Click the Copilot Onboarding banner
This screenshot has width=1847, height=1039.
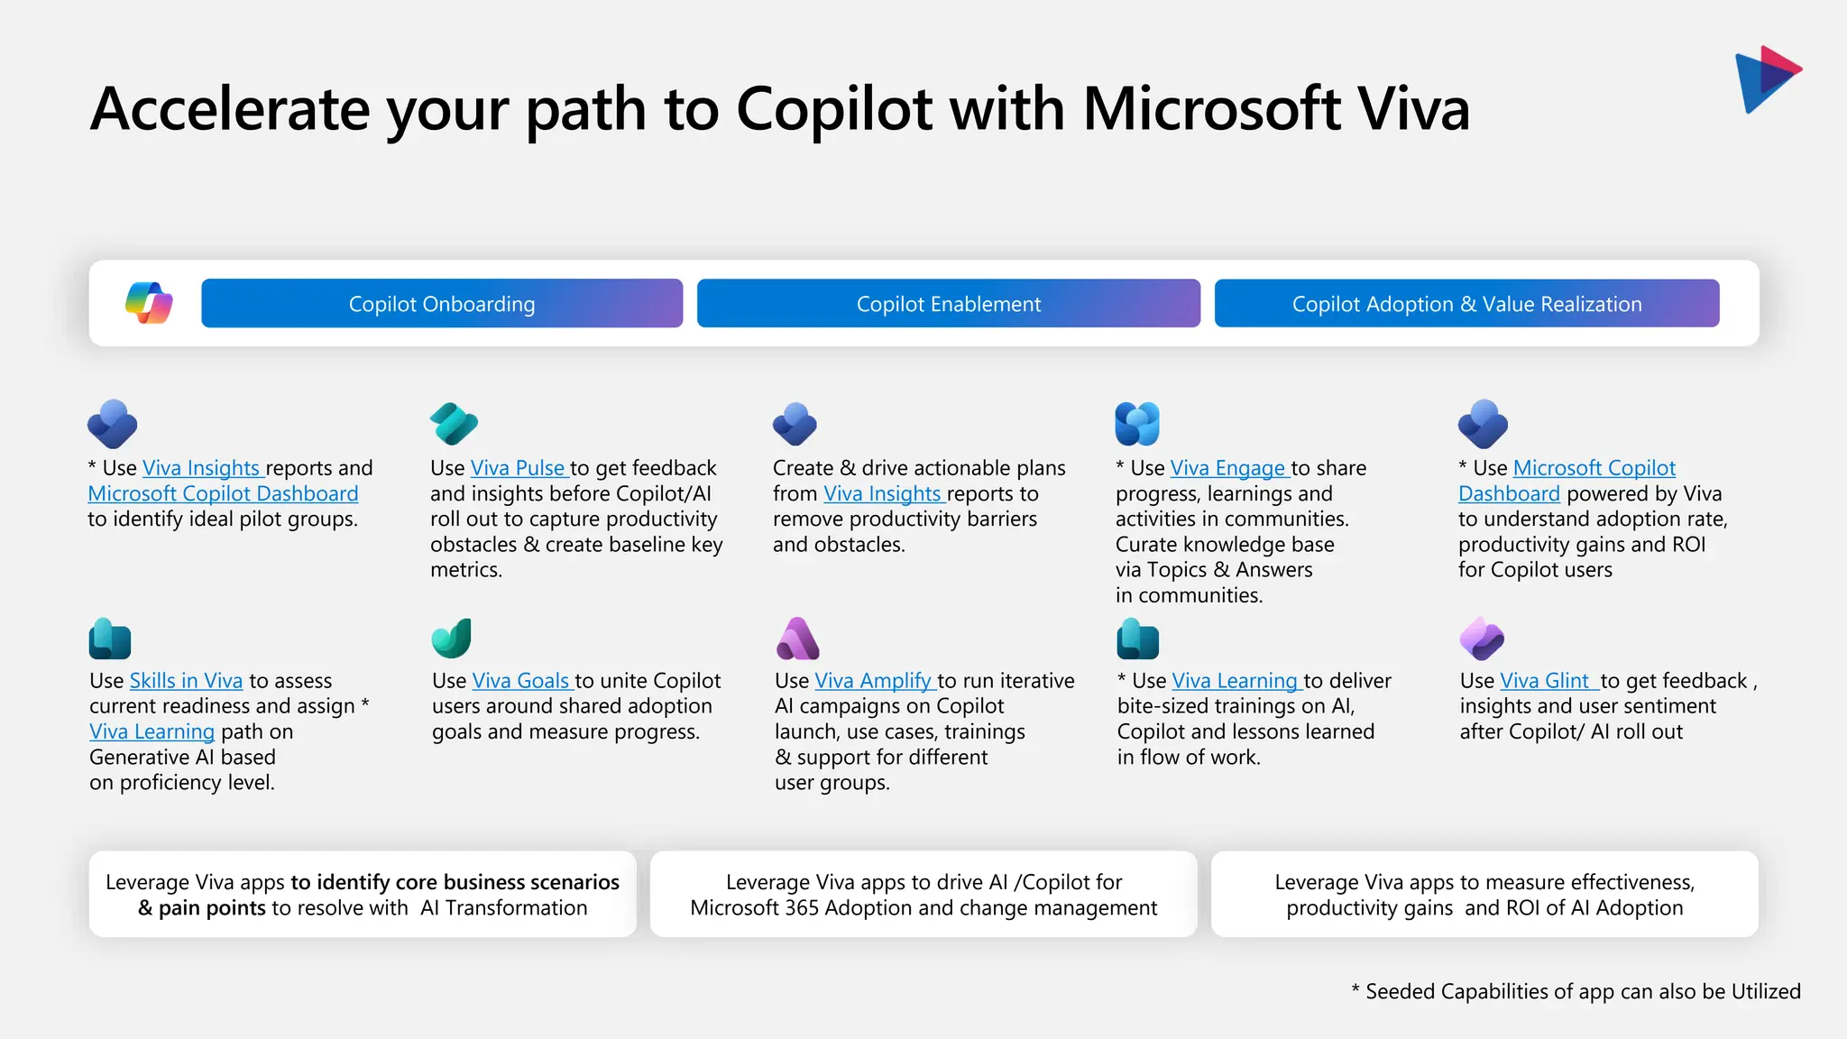(442, 304)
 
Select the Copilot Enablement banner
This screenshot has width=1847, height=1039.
(948, 304)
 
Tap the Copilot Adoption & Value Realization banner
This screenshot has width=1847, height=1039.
(1466, 304)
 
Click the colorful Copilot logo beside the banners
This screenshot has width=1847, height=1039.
(149, 303)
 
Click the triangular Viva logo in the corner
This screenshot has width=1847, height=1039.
(1766, 78)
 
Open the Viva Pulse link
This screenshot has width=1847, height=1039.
(518, 468)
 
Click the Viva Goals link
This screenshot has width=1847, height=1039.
(521, 681)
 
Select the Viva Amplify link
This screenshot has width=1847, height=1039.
(873, 681)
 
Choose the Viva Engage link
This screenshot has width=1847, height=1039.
(1227, 468)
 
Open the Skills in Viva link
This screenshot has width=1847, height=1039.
(186, 681)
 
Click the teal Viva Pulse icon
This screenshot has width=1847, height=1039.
(454, 424)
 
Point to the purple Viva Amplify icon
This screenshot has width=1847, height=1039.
(797, 639)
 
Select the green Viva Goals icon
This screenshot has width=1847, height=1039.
(452, 639)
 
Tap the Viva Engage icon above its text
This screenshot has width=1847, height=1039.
(1137, 424)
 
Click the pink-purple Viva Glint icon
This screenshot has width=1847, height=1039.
(1482, 639)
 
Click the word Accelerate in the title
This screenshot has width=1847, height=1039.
(230, 109)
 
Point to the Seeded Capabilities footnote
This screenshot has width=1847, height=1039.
(1576, 991)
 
